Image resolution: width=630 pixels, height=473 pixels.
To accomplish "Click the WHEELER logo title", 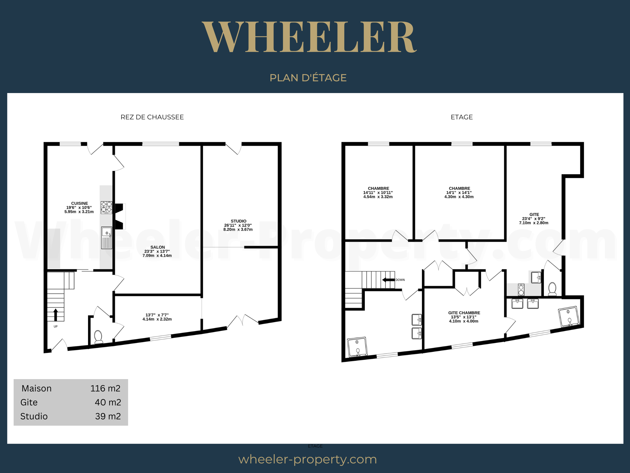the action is [309, 37].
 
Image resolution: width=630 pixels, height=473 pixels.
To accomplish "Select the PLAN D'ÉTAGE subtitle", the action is [308, 77].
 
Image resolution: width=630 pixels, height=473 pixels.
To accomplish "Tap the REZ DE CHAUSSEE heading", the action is [152, 117].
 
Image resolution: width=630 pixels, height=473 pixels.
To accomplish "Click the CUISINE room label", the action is [80, 203].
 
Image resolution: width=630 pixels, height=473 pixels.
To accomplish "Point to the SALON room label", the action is [157, 247].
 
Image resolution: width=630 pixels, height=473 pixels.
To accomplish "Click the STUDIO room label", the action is [238, 221].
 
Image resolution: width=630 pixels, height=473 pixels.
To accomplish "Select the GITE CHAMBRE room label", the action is [464, 313].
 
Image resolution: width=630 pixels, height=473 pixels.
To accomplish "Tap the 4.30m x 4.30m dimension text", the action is [459, 197].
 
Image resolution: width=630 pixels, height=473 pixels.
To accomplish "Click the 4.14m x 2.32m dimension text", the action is [157, 319].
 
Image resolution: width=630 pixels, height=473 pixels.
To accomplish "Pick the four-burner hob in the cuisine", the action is [106, 207].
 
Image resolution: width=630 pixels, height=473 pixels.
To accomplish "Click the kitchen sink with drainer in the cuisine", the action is [107, 238].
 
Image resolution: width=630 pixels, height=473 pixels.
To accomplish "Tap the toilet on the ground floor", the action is [98, 337].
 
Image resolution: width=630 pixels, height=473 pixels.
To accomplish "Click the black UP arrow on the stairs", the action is [56, 315].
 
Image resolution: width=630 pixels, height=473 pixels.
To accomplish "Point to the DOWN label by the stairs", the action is [400, 280].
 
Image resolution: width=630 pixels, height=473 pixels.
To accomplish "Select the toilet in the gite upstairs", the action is [552, 289].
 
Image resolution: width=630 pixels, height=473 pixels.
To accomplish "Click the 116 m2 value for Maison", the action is [105, 388].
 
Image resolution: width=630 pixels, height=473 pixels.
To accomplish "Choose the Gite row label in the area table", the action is [29, 402].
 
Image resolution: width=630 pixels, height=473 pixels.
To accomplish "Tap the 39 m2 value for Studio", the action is [108, 416].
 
